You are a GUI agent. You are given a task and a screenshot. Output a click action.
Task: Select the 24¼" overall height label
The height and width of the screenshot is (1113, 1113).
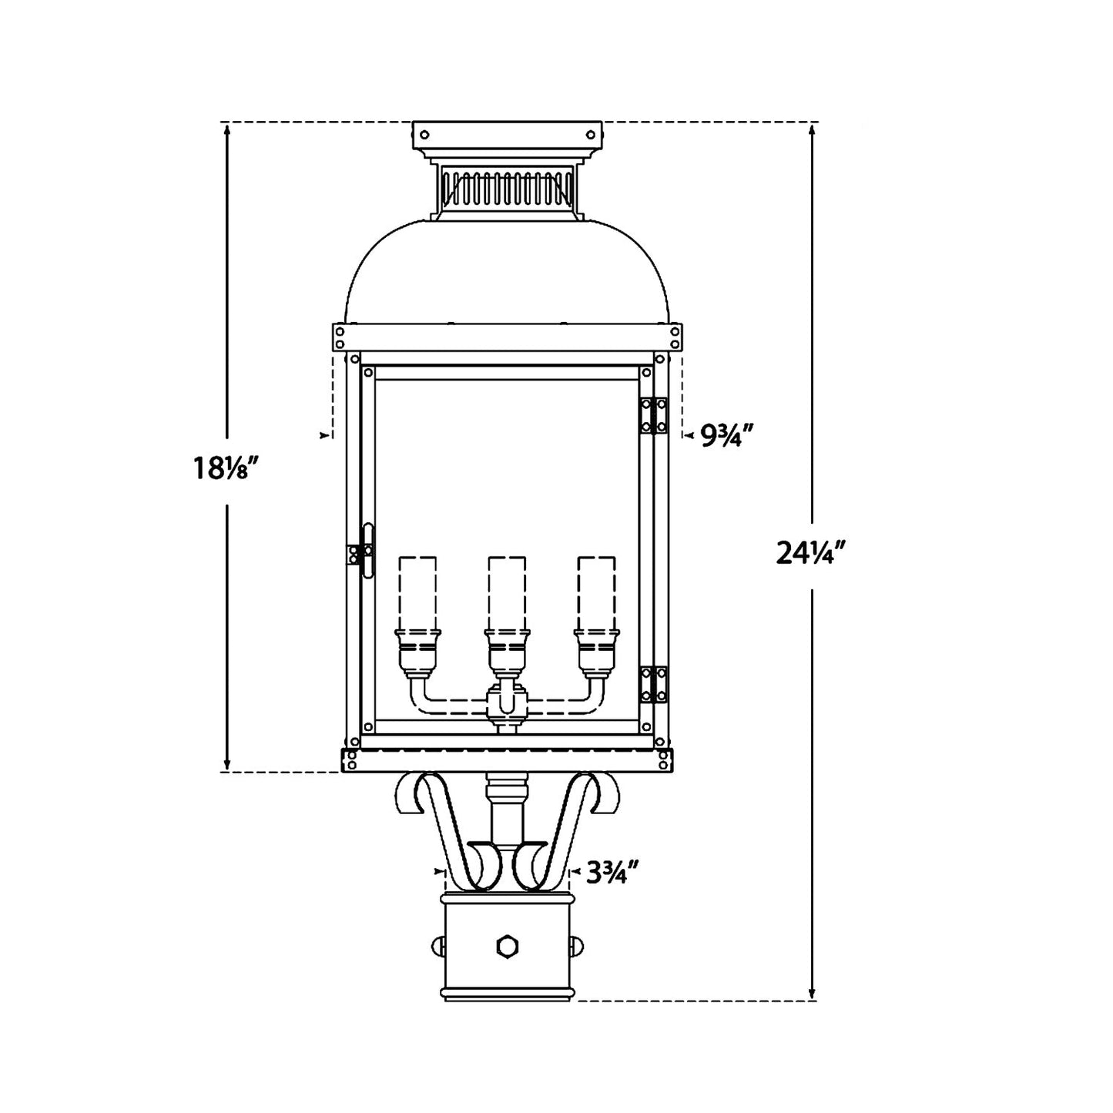(811, 553)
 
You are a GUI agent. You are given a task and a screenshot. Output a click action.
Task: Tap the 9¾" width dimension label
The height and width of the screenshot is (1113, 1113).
(725, 437)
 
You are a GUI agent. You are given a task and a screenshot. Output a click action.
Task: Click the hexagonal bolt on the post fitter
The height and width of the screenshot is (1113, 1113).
(507, 945)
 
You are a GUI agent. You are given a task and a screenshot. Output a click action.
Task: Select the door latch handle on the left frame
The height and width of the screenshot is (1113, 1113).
(367, 550)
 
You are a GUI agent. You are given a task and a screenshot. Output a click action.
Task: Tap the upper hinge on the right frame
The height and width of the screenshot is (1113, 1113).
(654, 416)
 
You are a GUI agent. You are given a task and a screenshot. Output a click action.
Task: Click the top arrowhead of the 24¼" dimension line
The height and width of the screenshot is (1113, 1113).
(812, 129)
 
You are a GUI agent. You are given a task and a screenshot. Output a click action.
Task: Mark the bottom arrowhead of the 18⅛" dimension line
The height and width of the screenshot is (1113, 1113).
(226, 765)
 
